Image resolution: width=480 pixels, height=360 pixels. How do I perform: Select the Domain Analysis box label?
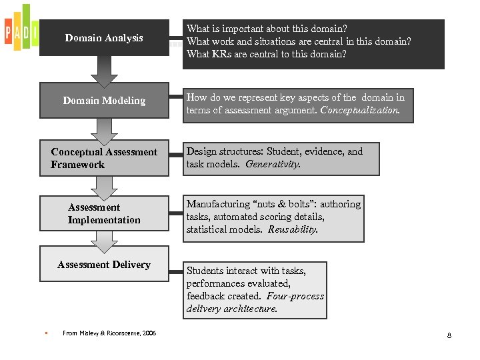(104, 38)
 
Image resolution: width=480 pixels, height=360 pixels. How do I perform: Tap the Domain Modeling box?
(104, 101)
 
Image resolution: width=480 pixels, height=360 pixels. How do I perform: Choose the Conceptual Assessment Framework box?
(104, 159)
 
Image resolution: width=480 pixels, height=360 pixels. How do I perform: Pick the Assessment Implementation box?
(104, 213)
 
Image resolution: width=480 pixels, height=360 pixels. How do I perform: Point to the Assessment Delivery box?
(104, 265)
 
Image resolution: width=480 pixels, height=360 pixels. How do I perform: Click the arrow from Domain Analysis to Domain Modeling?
(104, 71)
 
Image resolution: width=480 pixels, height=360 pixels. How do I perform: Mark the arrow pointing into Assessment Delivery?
(104, 241)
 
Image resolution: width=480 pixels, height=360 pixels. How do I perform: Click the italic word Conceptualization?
(361, 110)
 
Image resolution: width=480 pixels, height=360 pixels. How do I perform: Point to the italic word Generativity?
(273, 164)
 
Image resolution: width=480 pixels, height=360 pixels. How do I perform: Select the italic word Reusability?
(293, 229)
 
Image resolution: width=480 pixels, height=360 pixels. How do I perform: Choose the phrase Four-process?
(295, 296)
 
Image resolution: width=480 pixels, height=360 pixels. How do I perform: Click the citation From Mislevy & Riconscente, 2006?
(109, 333)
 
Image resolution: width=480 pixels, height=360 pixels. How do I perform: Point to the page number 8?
(449, 335)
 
